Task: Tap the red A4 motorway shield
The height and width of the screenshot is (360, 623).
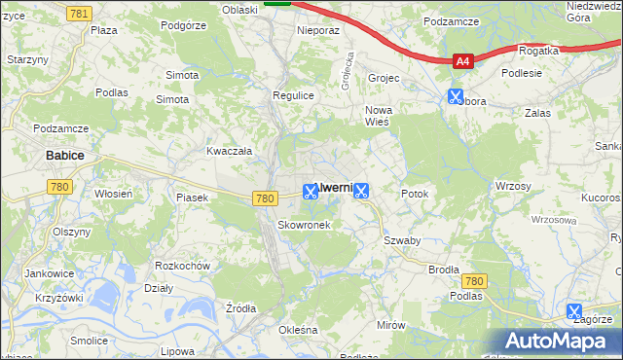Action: [463, 61]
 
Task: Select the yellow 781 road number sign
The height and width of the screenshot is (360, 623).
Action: [80, 12]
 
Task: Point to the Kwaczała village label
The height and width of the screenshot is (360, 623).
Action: [230, 151]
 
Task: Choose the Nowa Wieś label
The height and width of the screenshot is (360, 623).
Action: [378, 116]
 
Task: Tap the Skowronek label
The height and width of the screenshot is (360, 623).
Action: [304, 225]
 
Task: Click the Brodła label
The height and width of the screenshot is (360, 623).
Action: [443, 270]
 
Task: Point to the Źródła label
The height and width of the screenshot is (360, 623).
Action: [240, 308]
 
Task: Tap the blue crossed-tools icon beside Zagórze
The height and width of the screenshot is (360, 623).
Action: [575, 311]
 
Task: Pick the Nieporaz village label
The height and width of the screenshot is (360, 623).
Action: [318, 30]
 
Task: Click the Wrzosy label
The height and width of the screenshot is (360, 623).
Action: [512, 185]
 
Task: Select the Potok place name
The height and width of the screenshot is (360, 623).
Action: [415, 194]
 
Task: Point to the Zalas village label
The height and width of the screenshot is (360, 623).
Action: [537, 113]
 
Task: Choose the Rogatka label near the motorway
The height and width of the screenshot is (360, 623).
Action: [539, 51]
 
